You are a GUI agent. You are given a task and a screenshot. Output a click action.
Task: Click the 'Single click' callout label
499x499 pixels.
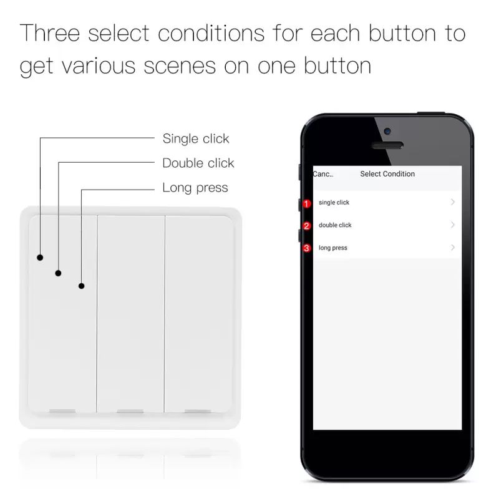point(196,138)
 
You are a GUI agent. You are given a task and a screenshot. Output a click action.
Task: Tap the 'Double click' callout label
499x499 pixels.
point(198,163)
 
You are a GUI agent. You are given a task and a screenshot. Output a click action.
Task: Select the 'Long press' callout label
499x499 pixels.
point(195,188)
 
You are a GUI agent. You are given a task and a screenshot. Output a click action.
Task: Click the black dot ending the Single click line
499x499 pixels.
point(40,258)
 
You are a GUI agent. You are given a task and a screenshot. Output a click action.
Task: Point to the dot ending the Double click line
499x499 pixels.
point(58,273)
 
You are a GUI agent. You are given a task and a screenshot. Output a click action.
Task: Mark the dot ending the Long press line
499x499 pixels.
point(82,286)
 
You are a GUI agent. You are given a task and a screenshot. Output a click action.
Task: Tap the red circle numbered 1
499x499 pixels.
point(306,204)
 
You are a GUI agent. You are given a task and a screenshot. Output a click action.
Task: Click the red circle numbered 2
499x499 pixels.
point(306,226)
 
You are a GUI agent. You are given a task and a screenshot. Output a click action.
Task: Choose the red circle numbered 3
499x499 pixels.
point(306,248)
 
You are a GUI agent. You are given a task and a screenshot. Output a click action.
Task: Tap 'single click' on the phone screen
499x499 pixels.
point(334,202)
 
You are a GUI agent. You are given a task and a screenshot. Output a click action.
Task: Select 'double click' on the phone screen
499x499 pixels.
point(335,225)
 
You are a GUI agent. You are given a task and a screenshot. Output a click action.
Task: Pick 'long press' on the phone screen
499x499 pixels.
point(333,248)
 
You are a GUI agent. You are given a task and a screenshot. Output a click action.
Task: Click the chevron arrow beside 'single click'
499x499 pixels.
point(453,202)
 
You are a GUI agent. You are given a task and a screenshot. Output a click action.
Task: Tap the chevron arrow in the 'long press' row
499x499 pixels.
point(453,248)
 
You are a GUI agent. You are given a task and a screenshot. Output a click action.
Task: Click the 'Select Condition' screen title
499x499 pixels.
point(387,174)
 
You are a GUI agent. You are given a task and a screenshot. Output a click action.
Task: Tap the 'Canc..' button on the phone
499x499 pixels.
point(323,174)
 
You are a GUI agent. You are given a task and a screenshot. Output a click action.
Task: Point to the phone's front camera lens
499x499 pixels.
point(387,131)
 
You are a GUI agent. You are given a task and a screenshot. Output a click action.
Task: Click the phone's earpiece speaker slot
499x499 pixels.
point(387,145)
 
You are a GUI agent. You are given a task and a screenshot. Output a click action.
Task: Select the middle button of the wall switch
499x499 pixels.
point(131,314)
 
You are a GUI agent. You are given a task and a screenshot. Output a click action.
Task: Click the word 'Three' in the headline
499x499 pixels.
point(50,33)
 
